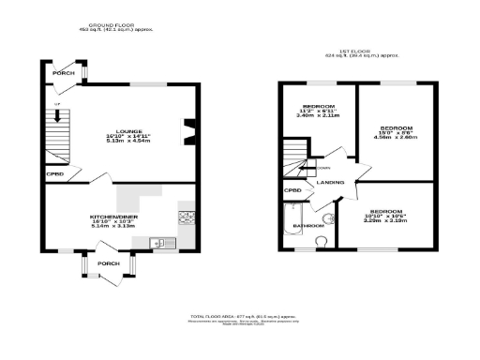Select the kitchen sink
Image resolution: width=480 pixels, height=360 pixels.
click(x=160, y=244)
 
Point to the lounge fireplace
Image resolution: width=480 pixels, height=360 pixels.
click(x=190, y=132)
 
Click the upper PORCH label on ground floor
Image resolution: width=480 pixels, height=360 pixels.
click(x=64, y=73)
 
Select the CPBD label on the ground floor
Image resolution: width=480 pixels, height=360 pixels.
click(x=54, y=173)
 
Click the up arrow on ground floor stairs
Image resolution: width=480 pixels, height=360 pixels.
click(x=58, y=115)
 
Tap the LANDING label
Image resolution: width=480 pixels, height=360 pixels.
click(x=330, y=183)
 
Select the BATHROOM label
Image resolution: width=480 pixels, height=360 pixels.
click(x=308, y=226)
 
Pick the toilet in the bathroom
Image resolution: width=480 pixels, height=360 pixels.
click(x=322, y=241)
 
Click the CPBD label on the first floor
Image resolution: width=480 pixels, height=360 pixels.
click(x=292, y=191)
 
